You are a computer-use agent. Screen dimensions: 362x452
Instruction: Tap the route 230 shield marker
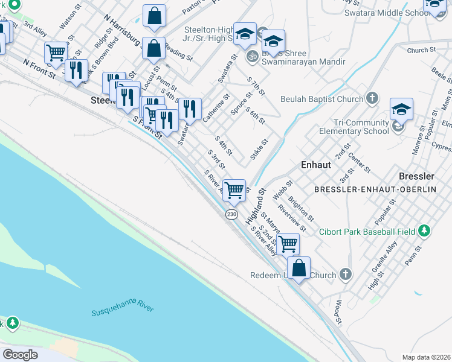(x=231, y=215)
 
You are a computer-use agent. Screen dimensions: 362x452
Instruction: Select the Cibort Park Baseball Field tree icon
(x=424, y=231)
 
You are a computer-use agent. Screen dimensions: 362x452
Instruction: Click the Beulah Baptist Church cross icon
(x=373, y=98)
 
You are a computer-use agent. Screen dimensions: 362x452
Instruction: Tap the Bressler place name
(x=416, y=176)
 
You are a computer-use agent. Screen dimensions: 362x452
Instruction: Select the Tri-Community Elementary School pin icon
(x=398, y=127)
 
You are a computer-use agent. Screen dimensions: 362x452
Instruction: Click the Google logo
(x=20, y=354)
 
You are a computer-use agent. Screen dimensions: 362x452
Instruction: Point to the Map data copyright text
(x=426, y=357)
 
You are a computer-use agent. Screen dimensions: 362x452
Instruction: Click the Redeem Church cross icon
(x=345, y=275)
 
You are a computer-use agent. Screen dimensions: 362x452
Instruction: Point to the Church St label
(x=421, y=51)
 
